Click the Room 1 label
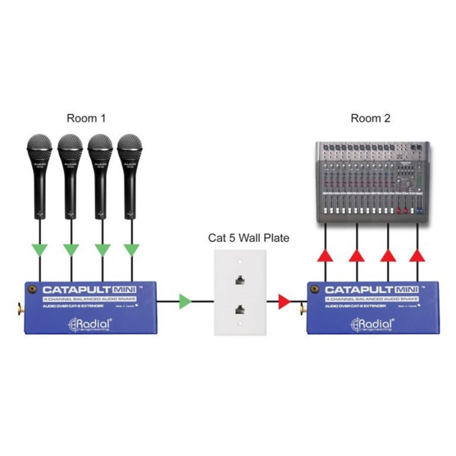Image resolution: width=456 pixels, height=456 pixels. click(x=86, y=119)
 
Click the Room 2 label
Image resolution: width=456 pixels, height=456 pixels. click(x=370, y=119)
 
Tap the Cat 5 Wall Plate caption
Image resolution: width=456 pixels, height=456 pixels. click(x=249, y=238)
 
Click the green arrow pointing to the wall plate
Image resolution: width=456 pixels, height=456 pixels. click(x=185, y=301)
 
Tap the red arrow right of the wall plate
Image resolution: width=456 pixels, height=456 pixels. click(x=284, y=301)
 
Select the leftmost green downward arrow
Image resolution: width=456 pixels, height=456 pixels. click(x=40, y=250)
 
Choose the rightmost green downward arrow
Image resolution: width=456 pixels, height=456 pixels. click(x=132, y=250)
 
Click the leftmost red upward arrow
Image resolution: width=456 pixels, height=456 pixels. click(x=325, y=255)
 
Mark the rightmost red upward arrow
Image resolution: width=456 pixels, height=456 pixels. click(x=417, y=255)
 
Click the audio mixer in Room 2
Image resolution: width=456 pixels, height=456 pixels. click(x=373, y=180)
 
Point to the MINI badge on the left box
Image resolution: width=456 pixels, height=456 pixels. click(x=125, y=289)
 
